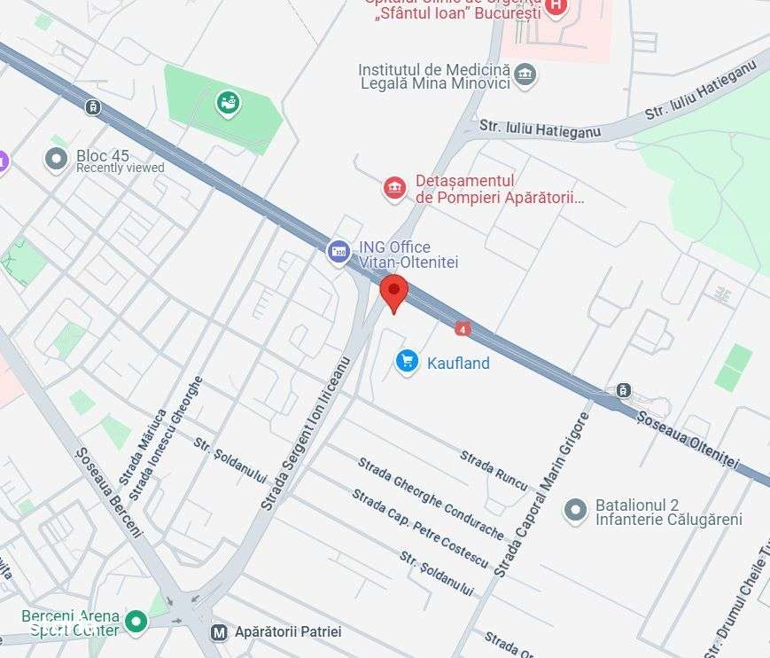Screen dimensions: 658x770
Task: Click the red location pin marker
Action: [393, 290]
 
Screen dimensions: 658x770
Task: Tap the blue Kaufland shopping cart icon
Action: [407, 361]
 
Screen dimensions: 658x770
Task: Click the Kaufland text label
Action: [458, 363]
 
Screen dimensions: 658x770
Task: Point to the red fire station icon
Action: [394, 188]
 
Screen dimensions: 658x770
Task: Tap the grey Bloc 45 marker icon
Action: [57, 160]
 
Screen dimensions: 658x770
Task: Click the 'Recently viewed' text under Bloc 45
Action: [120, 168]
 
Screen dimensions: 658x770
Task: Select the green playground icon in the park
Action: [229, 104]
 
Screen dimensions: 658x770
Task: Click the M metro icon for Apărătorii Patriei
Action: [218, 632]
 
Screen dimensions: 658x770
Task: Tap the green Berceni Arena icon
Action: [136, 622]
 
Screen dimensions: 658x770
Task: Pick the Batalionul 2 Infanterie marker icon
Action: [576, 510]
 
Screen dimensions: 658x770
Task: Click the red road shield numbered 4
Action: [462, 328]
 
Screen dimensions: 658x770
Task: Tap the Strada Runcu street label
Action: [494, 471]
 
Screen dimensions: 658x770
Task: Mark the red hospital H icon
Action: [556, 6]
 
